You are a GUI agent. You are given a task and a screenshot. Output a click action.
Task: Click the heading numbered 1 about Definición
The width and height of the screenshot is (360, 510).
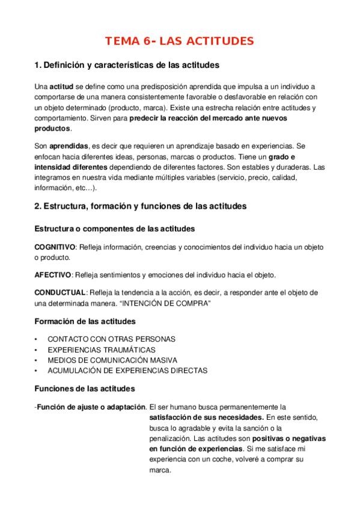tap(127, 64)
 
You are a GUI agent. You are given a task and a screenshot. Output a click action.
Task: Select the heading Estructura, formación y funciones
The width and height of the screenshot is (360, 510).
tap(140, 206)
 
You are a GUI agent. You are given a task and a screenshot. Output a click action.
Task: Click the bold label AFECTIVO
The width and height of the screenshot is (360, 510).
tap(53, 275)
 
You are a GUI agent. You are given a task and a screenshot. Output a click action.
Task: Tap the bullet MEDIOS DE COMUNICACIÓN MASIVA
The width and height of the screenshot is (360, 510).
tap(112, 360)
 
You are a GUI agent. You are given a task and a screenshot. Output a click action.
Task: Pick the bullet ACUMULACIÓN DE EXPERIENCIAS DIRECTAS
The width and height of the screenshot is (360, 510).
tap(127, 370)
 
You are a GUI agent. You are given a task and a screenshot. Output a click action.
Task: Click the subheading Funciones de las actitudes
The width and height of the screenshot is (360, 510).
tap(85, 389)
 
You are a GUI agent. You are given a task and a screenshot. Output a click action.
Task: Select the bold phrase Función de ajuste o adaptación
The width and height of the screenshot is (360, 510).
tap(91, 406)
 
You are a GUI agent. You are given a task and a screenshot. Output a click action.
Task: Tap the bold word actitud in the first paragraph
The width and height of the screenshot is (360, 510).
tap(60, 87)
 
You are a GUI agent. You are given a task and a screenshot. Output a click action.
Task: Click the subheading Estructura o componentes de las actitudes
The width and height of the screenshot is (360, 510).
tap(114, 229)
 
